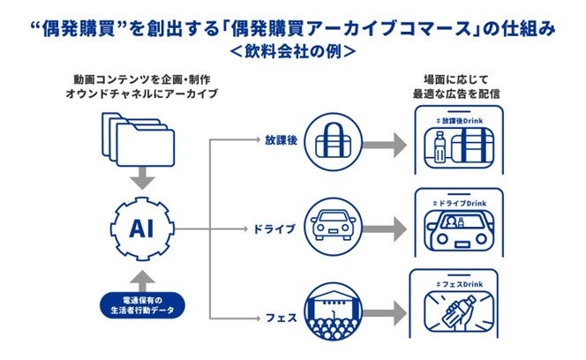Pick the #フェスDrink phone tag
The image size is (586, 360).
coord(458,285)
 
